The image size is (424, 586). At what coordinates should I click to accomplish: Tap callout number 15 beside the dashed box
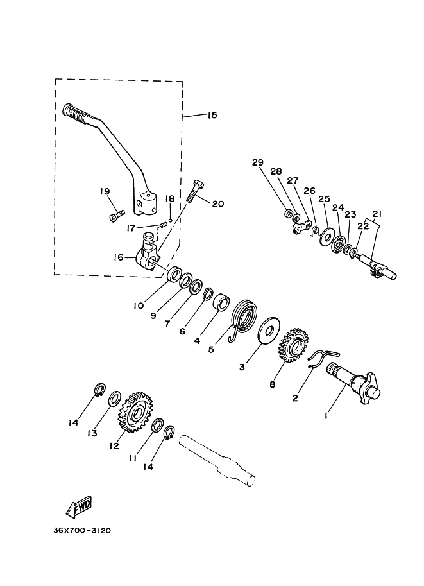212,116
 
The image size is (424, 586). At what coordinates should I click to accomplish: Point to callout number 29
258,163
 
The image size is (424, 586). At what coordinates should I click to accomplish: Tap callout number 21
377,213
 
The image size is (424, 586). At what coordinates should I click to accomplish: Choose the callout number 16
118,258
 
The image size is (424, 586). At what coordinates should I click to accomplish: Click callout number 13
92,433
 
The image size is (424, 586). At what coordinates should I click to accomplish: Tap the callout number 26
309,191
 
